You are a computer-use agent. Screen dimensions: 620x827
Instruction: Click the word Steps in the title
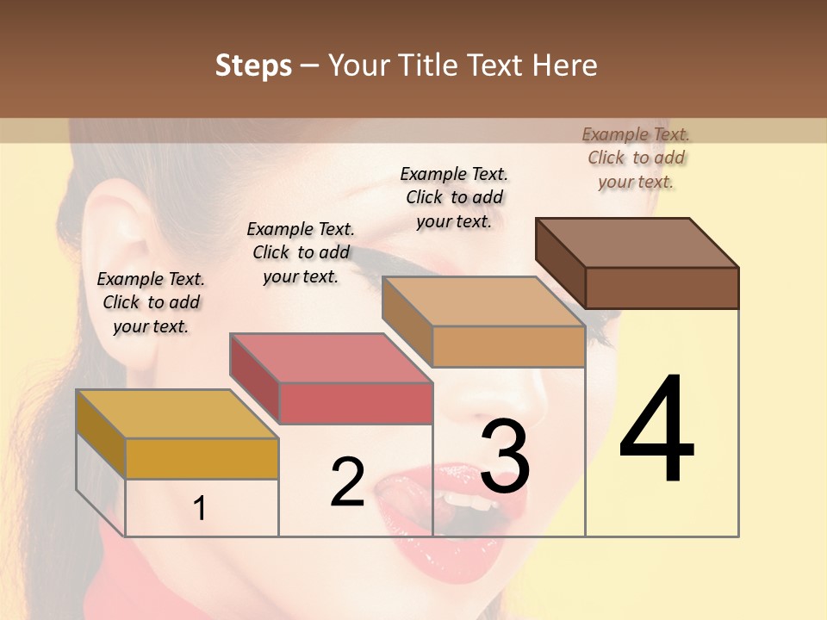pos(253,65)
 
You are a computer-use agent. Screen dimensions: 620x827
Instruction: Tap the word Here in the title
pos(563,65)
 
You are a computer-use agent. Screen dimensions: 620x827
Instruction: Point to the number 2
pos(347,482)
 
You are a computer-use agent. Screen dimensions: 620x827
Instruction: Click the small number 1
pos(200,509)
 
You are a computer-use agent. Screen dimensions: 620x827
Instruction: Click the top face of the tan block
pos(483,301)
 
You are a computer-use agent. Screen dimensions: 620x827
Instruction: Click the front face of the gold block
pos(202,458)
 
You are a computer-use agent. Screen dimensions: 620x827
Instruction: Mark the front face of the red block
pos(355,403)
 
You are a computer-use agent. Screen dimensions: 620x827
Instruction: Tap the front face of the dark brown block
pos(662,288)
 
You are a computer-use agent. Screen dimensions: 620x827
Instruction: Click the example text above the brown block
pos(636,158)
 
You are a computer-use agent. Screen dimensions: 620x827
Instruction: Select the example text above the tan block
pos(454,197)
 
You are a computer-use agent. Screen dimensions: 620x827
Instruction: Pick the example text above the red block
pos(301,252)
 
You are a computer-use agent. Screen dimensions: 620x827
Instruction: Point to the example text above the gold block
pos(151,302)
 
